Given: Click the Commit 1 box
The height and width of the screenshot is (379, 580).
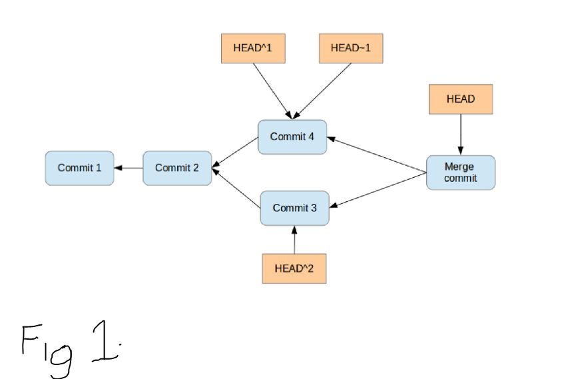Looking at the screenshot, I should pos(79,168).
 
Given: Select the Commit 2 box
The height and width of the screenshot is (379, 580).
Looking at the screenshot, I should pos(177,168).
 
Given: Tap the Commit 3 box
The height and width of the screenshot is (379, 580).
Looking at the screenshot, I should pos(294,208).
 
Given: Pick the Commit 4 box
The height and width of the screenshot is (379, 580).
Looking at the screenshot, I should pos(292,137).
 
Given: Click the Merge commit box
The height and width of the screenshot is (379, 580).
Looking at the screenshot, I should pos(460,173).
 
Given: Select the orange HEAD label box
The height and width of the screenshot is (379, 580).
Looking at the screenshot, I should pos(460,99).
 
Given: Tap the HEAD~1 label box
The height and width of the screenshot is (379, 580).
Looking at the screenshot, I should pos(351,49).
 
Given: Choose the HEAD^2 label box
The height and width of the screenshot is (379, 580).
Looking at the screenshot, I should pos(294,268).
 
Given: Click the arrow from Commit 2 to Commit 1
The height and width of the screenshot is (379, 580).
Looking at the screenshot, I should pos(129,168).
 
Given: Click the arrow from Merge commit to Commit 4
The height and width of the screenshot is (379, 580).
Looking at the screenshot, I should pos(377,155).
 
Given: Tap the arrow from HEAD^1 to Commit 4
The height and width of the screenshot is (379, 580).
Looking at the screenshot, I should pos(272,90).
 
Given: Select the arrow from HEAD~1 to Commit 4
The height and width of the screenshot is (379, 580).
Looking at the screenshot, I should pos(321,90).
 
